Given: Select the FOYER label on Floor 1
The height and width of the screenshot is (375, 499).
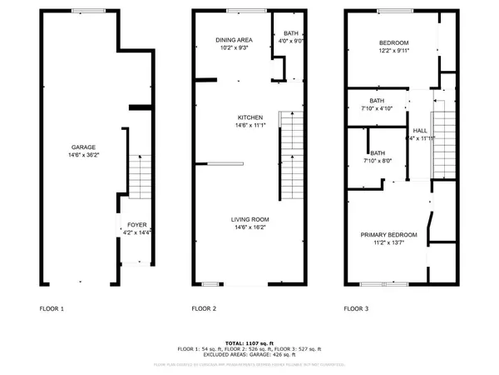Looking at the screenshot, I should coord(136,225).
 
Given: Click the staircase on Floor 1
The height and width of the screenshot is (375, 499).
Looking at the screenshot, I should coord(139,175).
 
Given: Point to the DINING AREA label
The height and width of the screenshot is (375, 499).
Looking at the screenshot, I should coord(234,40).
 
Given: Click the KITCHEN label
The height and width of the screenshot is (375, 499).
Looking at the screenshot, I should coord(249,117).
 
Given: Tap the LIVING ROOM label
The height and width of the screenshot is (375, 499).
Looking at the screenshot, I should coord(249,219).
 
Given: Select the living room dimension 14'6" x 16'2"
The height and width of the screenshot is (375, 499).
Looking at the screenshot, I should coord(249,227).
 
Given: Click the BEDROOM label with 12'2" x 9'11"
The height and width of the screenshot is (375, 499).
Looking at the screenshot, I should coord(394,42).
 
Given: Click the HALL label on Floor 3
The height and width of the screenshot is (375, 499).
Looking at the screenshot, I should coord(420,132).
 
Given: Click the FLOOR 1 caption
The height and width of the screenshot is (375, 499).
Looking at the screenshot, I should coord(52,308).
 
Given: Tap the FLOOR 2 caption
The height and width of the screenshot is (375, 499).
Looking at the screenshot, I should coord(204,308).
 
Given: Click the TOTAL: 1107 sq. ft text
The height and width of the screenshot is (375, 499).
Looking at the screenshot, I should coord(249,343).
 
